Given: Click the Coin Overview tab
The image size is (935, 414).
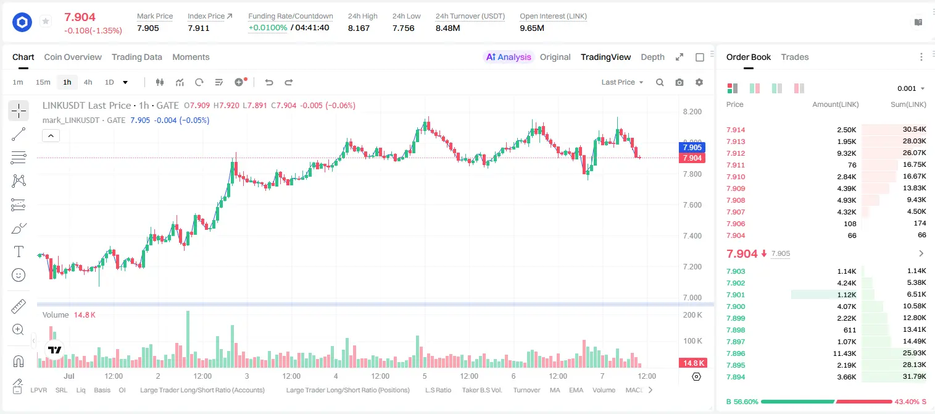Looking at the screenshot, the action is coord(73,57).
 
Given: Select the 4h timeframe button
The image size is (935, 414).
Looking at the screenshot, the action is coord(88,82).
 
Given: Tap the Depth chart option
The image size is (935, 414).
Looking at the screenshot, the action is coord(652,57).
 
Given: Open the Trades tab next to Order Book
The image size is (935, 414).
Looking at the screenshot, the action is coord(794,57).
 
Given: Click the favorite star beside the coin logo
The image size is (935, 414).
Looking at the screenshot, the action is coord(46,21).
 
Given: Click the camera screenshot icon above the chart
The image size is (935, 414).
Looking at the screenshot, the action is coord(679,82).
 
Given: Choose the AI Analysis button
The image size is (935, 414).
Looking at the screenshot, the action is coord(509,57).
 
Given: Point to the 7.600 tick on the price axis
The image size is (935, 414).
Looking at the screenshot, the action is coord(692,205).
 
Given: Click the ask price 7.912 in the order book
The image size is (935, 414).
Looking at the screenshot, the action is coord(736,153).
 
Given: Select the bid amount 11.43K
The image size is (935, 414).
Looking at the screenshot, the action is coord(844,353).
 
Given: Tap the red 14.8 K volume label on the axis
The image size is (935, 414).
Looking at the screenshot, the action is coord(692,363).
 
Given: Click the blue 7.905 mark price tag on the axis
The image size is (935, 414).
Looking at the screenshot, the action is coord(692,148).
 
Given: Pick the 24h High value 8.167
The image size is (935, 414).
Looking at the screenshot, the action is coord(359,28).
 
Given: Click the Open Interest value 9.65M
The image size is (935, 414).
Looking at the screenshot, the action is coord(531,28).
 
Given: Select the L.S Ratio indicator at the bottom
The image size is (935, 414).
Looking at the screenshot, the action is coord(438,390).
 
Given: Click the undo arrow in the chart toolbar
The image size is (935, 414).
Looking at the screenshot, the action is coord(269,82).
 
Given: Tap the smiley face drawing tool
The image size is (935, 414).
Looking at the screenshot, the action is coord(19,275).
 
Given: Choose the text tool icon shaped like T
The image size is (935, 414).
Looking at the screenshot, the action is coord(19,251).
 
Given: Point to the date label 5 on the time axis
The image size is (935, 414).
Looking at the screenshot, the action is coord(425,376).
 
